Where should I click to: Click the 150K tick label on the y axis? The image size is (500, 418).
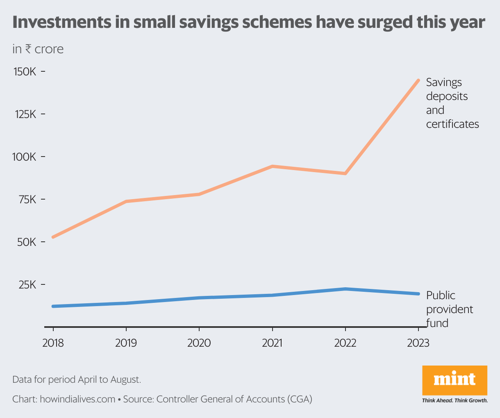25,72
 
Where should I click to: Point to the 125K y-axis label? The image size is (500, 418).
25,114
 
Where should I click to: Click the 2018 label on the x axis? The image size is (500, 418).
53,343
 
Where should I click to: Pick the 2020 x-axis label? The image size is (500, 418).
199,343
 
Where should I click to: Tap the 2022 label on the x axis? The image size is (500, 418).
345,343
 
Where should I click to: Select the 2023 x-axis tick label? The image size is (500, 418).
418,343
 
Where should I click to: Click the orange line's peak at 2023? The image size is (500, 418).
418,80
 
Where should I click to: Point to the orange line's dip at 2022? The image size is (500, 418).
345,173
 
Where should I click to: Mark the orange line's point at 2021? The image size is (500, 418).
272,166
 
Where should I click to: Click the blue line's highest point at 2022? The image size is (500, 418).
345,289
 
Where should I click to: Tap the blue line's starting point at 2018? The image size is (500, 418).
53,306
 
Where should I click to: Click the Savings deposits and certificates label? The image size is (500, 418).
452,103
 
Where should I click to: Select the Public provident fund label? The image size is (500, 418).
449,309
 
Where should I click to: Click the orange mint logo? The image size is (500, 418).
455,380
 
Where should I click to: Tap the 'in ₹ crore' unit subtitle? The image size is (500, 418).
38,49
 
